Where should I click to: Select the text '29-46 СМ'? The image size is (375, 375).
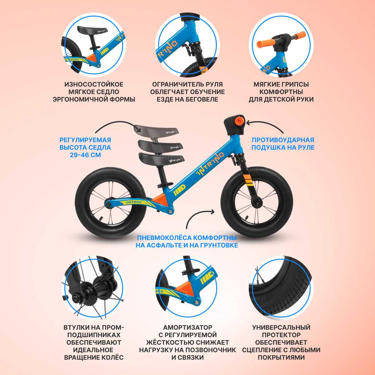point(85,155)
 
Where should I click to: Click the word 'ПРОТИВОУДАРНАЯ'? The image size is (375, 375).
point(283,140)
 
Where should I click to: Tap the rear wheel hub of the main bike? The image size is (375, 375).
point(108,204)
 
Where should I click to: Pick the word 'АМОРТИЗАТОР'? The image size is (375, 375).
point(187,327)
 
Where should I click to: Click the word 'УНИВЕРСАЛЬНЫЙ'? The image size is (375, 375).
point(281,327)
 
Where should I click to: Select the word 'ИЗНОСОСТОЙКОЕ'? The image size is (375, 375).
point(94,84)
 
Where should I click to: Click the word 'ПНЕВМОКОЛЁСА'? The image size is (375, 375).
point(163,237)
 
